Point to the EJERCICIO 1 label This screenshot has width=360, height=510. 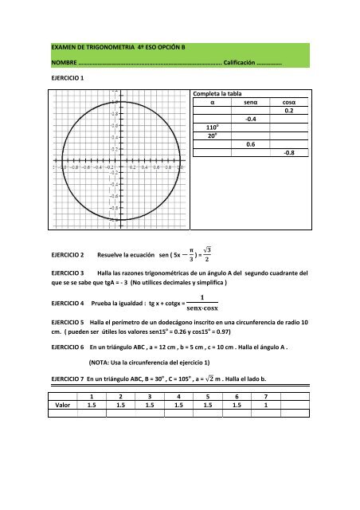tap(68, 78)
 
